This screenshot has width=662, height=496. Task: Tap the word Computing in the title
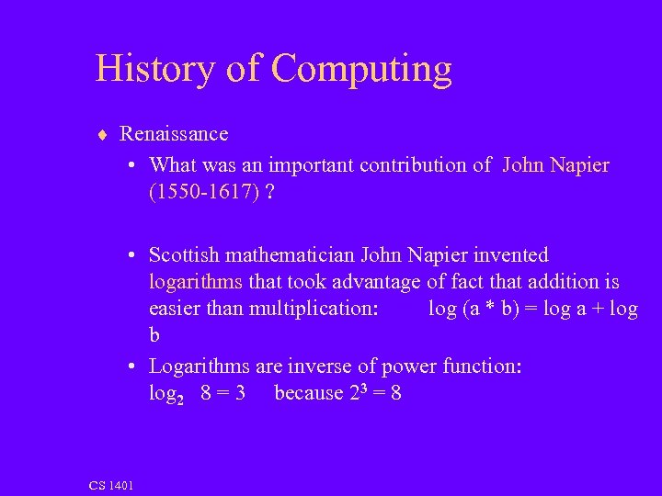coord(362,70)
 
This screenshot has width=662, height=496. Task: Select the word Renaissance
coord(174,134)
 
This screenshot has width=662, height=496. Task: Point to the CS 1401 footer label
coord(111,485)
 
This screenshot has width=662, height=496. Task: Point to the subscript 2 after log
coord(181,399)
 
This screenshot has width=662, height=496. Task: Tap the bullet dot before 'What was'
coord(133,166)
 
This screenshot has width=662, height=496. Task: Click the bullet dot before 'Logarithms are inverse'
coord(133,366)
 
